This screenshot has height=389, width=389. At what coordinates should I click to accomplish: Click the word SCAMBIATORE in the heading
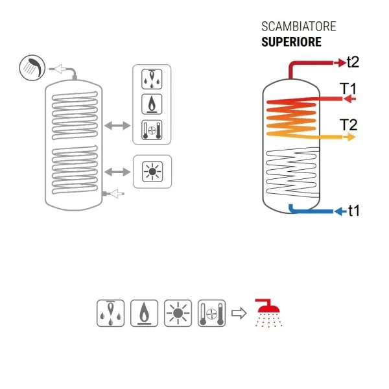click(x=299, y=27)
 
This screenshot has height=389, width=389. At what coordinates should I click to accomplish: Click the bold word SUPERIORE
click(x=292, y=42)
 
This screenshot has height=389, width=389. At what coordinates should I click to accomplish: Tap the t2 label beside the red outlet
click(x=353, y=62)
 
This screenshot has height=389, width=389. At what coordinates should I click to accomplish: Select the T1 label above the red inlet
click(x=348, y=89)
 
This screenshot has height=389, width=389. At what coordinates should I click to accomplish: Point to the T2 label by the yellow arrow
click(x=349, y=124)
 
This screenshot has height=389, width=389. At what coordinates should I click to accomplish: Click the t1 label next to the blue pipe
click(x=354, y=211)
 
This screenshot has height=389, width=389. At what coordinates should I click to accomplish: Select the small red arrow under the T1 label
click(x=350, y=99)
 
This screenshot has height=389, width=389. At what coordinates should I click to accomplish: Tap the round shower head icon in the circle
click(x=32, y=67)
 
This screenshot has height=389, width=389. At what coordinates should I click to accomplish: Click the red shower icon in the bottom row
click(x=268, y=313)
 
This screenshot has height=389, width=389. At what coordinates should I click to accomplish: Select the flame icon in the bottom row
click(x=144, y=313)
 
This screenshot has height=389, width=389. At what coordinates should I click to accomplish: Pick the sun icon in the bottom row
click(x=178, y=313)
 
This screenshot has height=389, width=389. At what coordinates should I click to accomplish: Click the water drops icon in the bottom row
click(x=110, y=313)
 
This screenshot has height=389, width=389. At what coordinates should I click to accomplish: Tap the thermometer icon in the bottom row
click(x=211, y=313)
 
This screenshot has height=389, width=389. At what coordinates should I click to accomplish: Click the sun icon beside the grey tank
click(x=152, y=171)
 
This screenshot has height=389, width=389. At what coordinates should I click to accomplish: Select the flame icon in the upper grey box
click(x=152, y=104)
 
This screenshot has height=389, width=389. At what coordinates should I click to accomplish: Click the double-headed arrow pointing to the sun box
click(x=117, y=172)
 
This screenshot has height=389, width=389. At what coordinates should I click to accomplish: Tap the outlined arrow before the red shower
click(x=239, y=313)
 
